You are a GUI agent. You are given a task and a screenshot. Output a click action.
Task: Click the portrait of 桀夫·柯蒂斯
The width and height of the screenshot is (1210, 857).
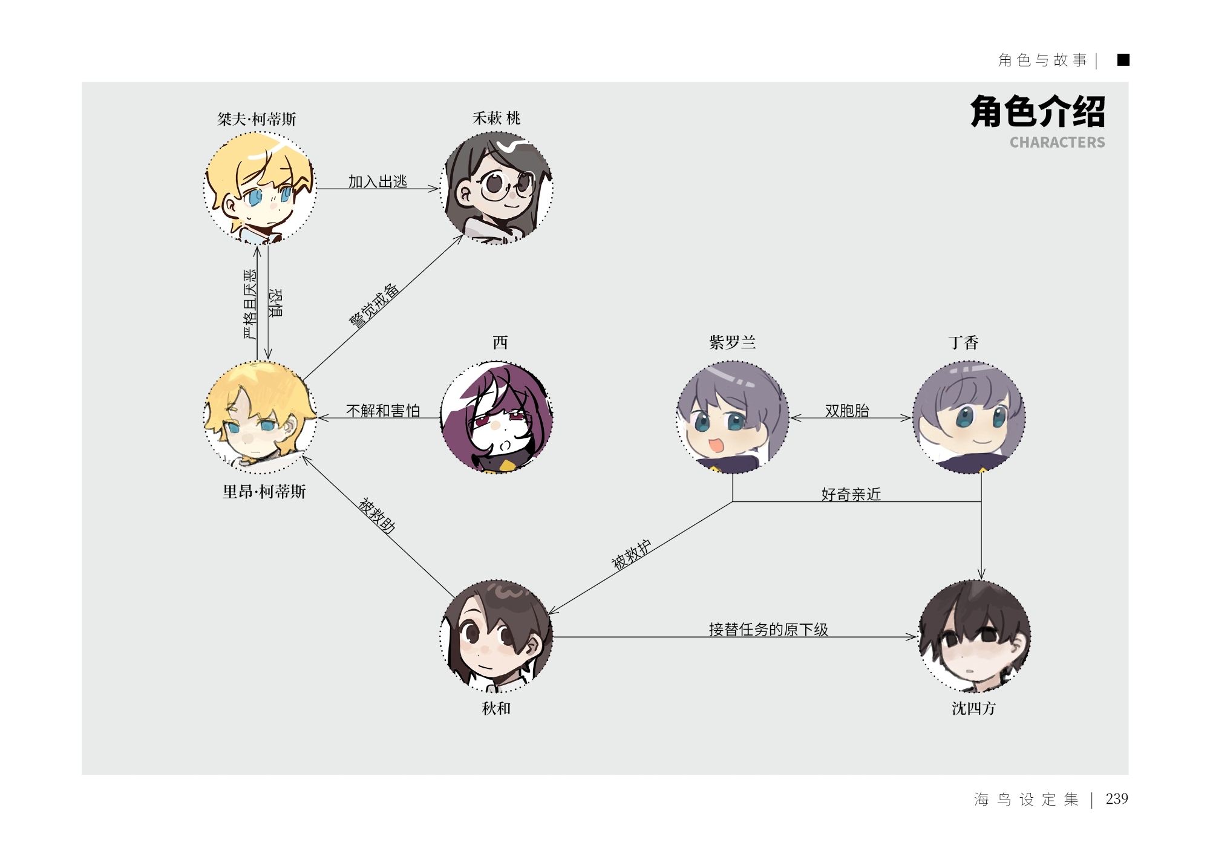260,187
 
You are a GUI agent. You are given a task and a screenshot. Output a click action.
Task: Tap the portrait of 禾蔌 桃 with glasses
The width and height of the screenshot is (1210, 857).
497,187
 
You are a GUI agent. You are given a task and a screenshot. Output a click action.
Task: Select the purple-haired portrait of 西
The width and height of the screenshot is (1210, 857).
497,417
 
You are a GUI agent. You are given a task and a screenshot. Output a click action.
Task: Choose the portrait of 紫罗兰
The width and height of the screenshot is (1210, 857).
733,417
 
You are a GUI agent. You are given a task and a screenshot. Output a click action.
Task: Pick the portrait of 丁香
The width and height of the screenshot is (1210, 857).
969,417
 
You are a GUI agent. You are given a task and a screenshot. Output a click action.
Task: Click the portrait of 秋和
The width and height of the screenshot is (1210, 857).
497,636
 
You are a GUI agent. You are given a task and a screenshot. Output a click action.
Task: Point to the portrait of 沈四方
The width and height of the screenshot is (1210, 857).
975,636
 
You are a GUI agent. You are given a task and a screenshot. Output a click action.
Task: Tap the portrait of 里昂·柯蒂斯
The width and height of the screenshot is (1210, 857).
260,417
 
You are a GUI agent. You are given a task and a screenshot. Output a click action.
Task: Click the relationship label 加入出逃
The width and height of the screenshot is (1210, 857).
378,181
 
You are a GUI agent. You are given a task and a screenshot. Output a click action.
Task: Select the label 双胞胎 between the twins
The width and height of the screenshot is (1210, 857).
847,411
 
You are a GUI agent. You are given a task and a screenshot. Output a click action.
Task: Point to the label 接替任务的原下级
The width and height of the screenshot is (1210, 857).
768,630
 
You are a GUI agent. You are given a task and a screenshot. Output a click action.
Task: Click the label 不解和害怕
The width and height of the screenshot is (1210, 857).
383,411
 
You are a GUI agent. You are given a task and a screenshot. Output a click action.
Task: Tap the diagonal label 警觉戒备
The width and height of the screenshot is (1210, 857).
374,306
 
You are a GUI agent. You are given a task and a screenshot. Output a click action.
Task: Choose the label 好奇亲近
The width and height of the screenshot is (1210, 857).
851,494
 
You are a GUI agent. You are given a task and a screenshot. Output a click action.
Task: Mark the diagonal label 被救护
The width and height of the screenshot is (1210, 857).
631,555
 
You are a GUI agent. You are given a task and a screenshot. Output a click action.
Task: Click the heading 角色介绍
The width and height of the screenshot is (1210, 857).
1038,112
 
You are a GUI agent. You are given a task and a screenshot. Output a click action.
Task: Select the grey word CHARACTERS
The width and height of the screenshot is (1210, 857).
1057,143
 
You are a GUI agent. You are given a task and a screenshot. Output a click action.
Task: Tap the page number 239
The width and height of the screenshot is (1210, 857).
1116,799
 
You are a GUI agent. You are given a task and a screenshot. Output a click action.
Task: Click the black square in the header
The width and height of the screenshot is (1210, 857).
1123,60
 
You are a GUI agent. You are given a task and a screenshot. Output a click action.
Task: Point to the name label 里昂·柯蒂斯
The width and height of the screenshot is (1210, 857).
264,492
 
